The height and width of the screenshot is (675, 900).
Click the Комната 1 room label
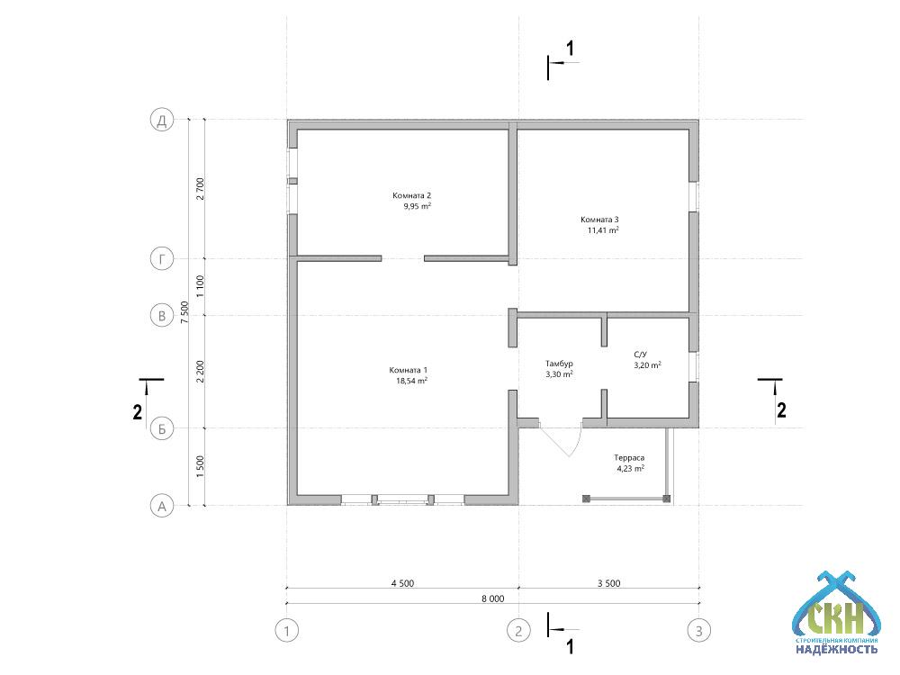pyautogui.click(x=408, y=370)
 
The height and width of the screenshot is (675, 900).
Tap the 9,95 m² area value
pyautogui.click(x=418, y=206)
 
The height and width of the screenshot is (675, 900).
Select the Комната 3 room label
pyautogui.click(x=599, y=220)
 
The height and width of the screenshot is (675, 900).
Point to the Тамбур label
pyautogui.click(x=559, y=364)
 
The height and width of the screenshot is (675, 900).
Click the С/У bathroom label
pyautogui.click(x=640, y=354)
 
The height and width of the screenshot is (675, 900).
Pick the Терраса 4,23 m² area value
pyautogui.click(x=630, y=468)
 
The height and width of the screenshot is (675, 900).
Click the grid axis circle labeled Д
pyautogui.click(x=162, y=120)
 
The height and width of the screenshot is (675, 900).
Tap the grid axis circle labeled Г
pyautogui.click(x=162, y=259)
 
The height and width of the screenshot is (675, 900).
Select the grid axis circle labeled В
pyautogui.click(x=162, y=316)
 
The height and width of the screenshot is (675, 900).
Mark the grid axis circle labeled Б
pyautogui.click(x=162, y=428)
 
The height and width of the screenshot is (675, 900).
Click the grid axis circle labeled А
pyautogui.click(x=162, y=506)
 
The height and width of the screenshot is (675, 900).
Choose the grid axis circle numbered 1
pyautogui.click(x=287, y=632)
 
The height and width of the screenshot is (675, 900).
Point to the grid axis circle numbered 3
pyautogui.click(x=699, y=632)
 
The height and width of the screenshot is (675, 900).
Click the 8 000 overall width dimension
pyautogui.click(x=493, y=598)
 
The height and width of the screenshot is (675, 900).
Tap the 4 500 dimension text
pyautogui.click(x=402, y=584)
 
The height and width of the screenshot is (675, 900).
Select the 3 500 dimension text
pyautogui.click(x=609, y=584)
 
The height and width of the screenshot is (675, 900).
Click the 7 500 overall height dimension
pyautogui.click(x=184, y=312)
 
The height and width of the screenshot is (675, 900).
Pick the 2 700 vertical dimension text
pyautogui.click(x=200, y=189)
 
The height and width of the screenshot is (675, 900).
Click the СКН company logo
pyautogui.click(x=836, y=613)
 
